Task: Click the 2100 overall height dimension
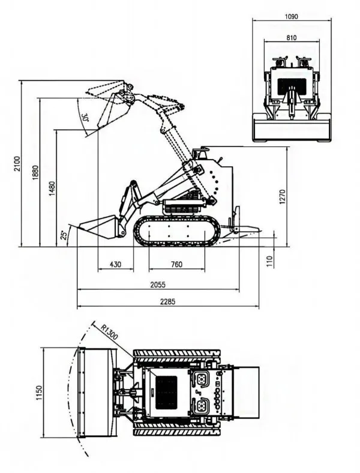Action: (x=17, y=163)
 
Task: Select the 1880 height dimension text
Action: (x=36, y=172)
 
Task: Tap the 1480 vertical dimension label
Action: (x=52, y=188)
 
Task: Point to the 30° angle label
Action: (x=85, y=118)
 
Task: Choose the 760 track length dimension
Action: (x=176, y=265)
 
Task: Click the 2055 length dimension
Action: (x=158, y=285)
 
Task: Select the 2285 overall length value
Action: (x=167, y=301)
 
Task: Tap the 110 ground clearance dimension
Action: (x=269, y=261)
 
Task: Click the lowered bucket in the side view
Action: (x=96, y=228)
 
